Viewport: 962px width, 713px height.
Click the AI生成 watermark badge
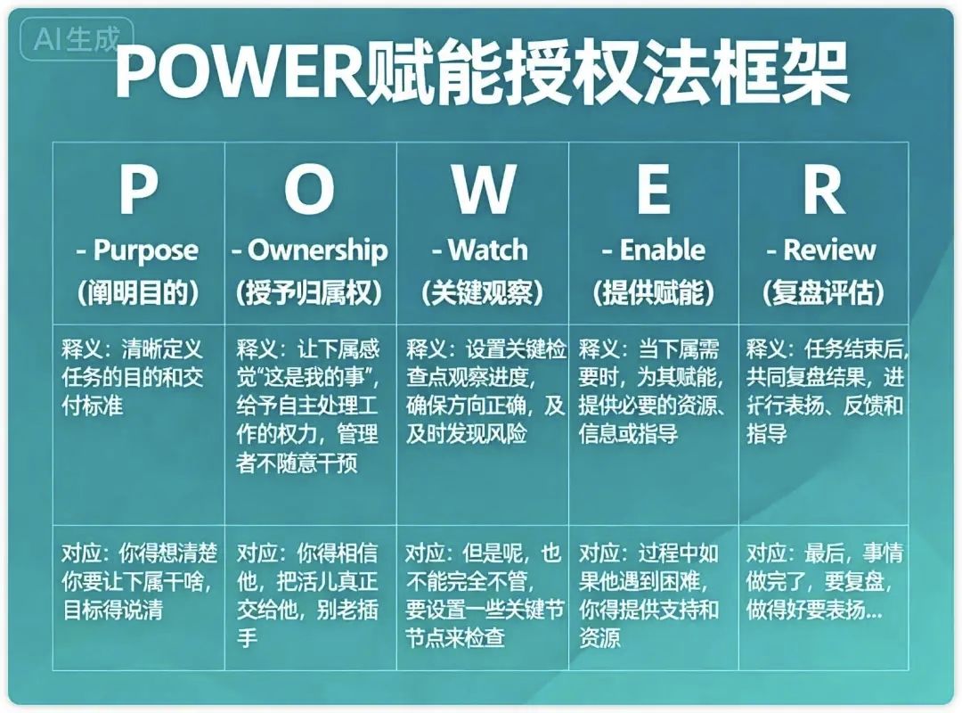click(x=77, y=39)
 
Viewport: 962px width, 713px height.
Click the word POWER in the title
click(x=240, y=71)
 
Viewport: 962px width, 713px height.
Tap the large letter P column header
click(x=138, y=189)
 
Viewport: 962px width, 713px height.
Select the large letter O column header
click(x=310, y=189)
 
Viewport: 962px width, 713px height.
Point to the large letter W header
click(x=484, y=189)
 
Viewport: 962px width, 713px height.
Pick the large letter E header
click(x=653, y=189)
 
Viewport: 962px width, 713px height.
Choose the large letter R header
click(x=824, y=189)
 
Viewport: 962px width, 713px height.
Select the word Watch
click(x=488, y=250)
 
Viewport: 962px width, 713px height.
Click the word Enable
click(x=662, y=250)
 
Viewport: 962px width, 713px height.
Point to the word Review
click(x=829, y=250)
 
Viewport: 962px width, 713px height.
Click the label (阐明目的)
click(x=138, y=293)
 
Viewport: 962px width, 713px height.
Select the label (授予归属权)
click(x=309, y=293)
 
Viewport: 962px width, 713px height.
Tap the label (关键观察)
click(x=483, y=293)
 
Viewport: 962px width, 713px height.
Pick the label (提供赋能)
click(x=654, y=293)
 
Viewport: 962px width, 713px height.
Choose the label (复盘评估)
click(x=823, y=293)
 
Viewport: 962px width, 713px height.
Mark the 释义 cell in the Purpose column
click(x=138, y=424)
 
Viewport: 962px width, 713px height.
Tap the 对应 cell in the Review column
click(x=823, y=597)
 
